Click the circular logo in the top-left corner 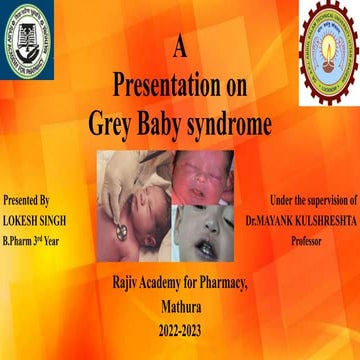(x=30, y=42)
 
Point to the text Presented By (x=26, y=202)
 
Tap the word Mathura (x=180, y=309)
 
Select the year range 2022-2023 (x=180, y=329)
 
